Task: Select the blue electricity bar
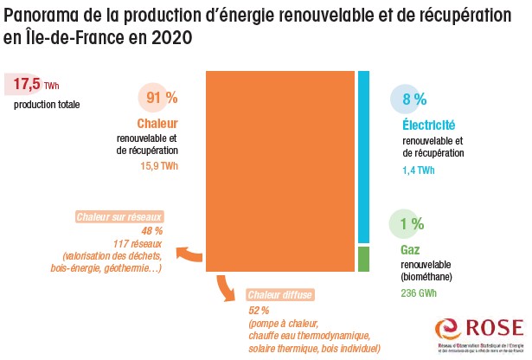[x=364, y=157]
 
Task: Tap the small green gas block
[x=364, y=259]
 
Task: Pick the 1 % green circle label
[x=411, y=224]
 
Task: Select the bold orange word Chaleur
[x=157, y=124]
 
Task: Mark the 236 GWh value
[x=420, y=292]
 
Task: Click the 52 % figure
[x=260, y=310]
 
